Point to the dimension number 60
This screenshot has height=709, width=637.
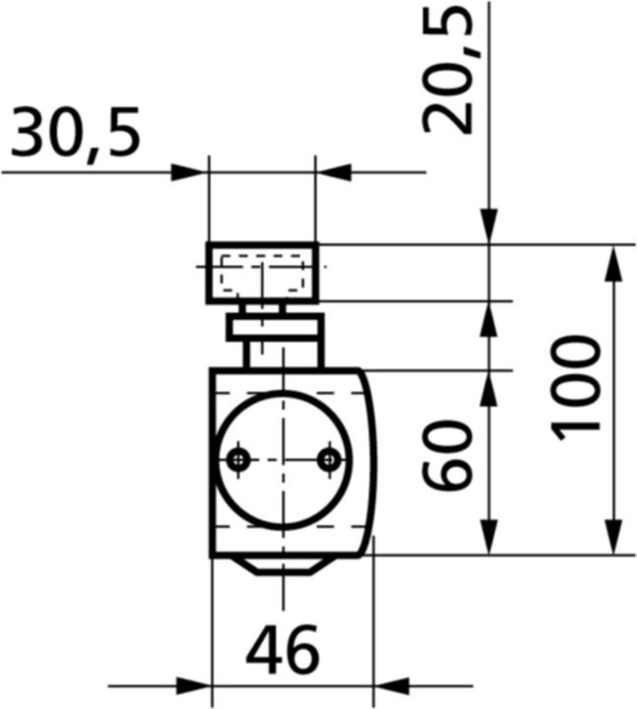[449, 455]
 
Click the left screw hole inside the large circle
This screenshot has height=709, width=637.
[237, 459]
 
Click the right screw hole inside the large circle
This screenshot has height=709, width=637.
[331, 459]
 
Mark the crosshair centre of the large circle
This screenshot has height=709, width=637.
[283, 459]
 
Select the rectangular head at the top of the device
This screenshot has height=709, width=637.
[262, 272]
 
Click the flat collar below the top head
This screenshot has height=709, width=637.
[275, 327]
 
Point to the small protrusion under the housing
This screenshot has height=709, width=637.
[283, 565]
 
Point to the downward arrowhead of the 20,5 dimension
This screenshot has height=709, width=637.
[489, 226]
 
